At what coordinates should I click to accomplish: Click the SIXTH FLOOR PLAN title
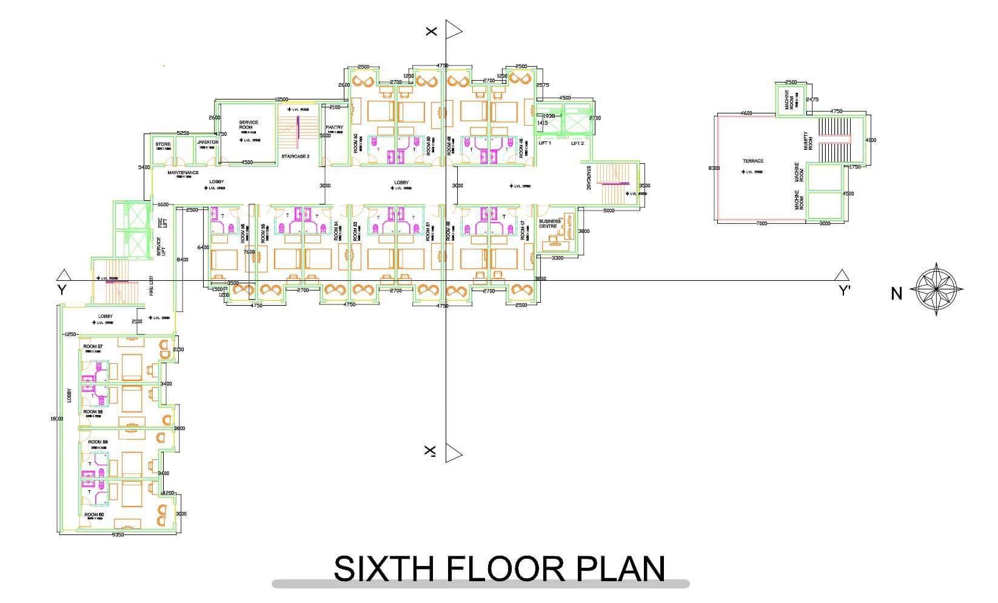[499, 568]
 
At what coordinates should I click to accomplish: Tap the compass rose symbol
[936, 289]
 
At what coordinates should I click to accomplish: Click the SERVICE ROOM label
[249, 125]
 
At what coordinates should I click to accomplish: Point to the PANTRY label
[334, 127]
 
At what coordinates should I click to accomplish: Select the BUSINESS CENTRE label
[549, 224]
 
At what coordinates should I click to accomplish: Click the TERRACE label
[753, 161]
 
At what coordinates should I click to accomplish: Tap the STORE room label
[163, 144]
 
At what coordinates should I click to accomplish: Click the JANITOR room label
[207, 143]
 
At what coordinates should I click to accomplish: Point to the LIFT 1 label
[544, 143]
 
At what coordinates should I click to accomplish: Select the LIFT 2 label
[577, 143]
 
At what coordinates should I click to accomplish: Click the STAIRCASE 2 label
[296, 157]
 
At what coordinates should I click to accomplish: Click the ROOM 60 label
[94, 514]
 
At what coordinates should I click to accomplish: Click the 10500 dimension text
[281, 99]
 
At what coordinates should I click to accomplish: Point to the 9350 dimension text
[118, 534]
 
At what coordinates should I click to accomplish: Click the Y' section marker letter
[844, 291]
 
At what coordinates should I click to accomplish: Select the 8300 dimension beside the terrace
[714, 168]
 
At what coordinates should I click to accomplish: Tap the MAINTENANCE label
[183, 173]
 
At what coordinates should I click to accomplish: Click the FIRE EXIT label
[152, 287]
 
